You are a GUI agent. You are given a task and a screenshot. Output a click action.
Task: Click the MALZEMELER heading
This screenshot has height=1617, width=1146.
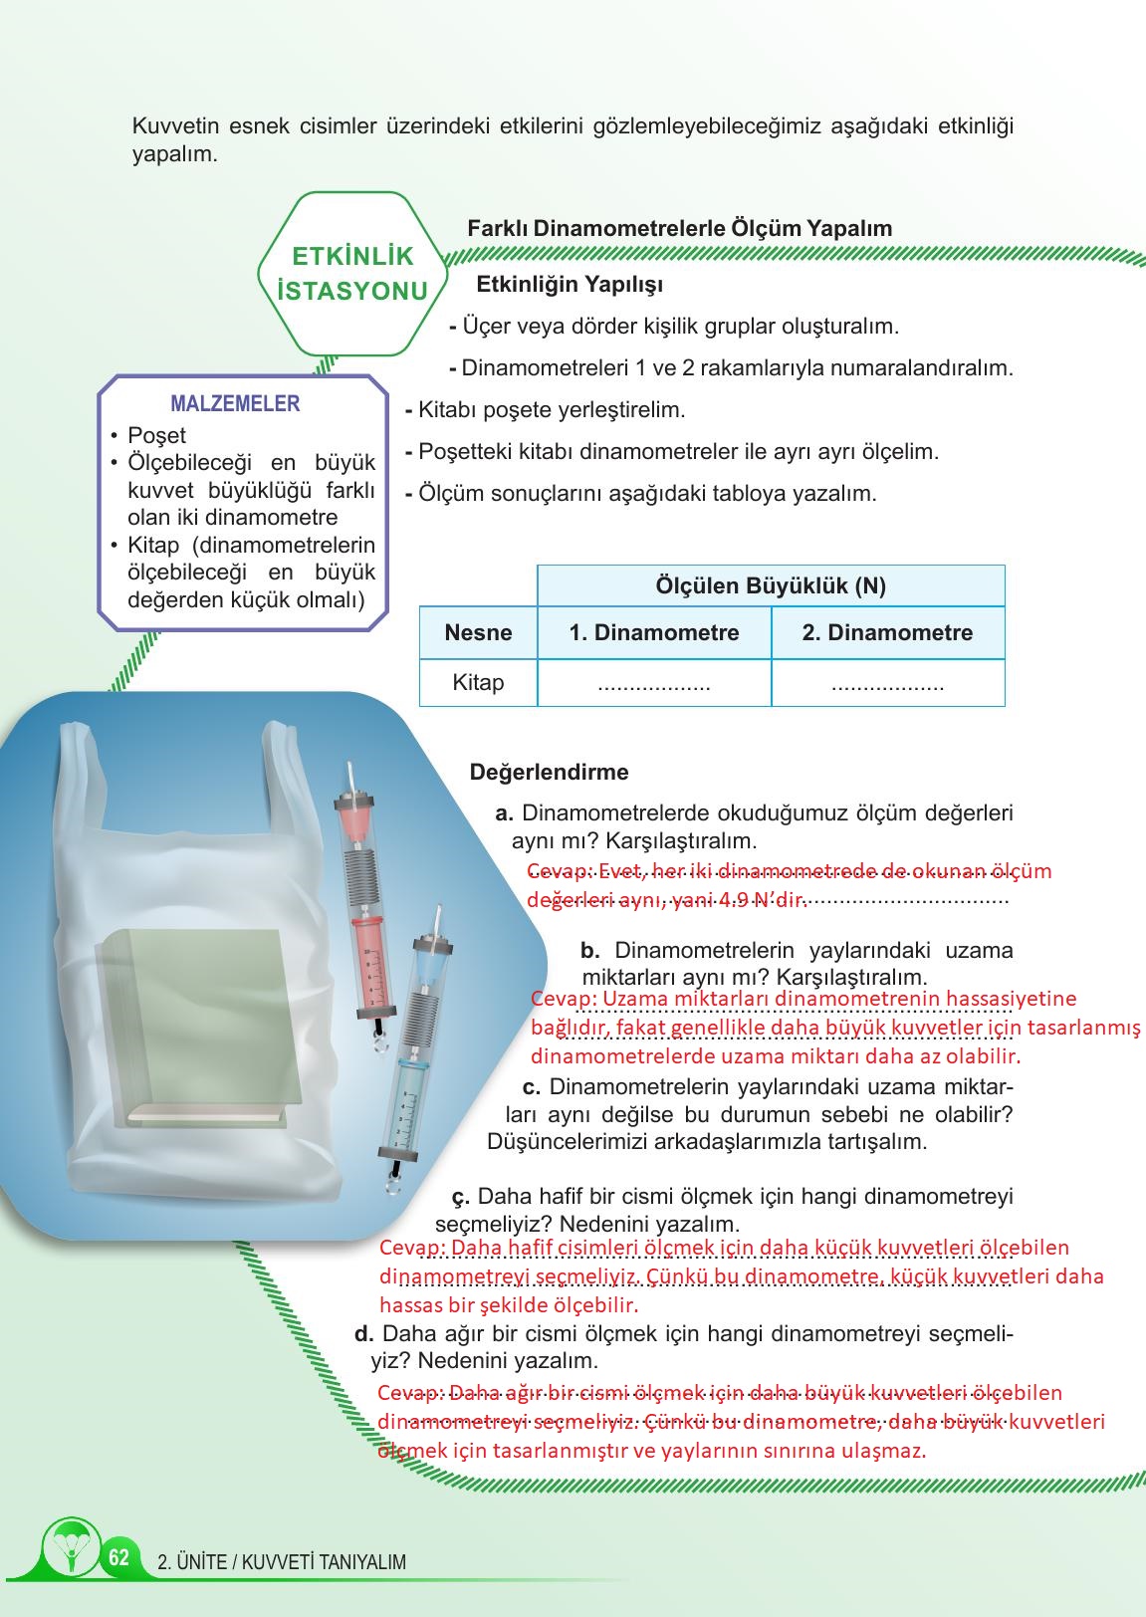tap(235, 403)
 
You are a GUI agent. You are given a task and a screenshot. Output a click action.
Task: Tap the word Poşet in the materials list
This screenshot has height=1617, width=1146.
tap(156, 435)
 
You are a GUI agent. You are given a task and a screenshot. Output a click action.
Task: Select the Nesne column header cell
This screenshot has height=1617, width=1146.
tap(478, 632)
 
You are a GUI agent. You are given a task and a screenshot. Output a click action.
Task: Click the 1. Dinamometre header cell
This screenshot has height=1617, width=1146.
tap(654, 632)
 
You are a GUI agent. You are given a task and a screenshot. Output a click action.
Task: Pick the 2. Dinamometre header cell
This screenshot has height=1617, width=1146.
tap(887, 632)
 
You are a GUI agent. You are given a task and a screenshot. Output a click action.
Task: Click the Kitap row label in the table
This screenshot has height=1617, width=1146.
tap(478, 683)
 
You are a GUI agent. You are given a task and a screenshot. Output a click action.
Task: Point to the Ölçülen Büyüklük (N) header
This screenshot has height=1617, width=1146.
tap(771, 585)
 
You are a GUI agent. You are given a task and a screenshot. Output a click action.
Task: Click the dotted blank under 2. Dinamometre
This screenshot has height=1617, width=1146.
tap(887, 685)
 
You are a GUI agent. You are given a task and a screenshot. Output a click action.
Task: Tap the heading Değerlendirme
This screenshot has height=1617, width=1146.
tap(549, 772)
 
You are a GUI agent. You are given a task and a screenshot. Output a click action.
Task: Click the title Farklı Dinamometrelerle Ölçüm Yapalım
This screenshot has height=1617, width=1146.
tap(679, 228)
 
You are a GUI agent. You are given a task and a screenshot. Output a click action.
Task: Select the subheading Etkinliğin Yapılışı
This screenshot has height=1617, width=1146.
tap(570, 285)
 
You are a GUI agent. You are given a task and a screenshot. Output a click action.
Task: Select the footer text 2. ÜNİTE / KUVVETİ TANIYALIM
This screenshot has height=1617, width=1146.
tap(282, 1562)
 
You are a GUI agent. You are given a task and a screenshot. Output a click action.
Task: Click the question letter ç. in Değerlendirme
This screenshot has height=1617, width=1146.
tap(461, 1196)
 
